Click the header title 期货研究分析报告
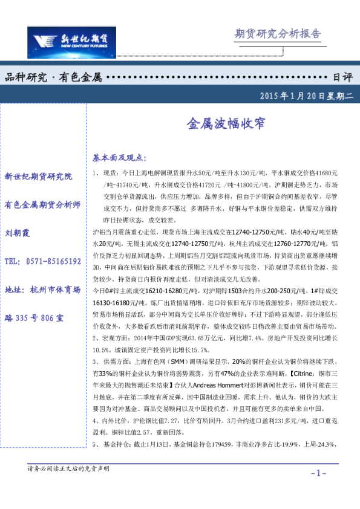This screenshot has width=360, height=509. pos(278,34)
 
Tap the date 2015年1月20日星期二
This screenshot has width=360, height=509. pos(305,96)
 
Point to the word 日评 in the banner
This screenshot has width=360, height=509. pos(342,77)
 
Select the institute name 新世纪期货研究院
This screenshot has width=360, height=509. pos(38,177)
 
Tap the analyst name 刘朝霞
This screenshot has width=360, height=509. pos(19,233)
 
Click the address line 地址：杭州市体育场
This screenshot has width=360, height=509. pos(42,290)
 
